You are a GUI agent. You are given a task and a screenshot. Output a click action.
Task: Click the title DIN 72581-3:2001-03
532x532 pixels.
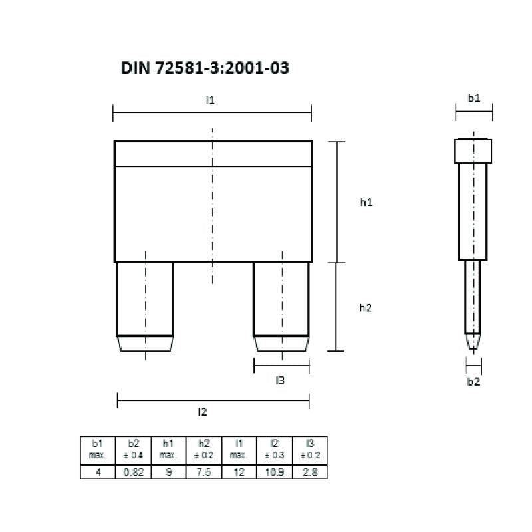tap(205, 68)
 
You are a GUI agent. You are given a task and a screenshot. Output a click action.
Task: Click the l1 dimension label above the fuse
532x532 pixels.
tap(210, 100)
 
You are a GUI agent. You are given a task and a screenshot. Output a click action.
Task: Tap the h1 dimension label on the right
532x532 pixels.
tap(366, 203)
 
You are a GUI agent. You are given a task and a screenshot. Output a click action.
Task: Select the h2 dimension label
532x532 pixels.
tap(366, 307)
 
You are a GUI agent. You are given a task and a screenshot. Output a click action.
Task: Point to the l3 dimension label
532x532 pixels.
tap(280, 380)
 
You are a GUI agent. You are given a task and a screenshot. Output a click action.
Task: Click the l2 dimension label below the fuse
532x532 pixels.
tap(202, 412)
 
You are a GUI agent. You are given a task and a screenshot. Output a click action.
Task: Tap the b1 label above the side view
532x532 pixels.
tap(473, 98)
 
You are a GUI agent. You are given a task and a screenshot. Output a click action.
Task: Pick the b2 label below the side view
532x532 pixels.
tap(473, 381)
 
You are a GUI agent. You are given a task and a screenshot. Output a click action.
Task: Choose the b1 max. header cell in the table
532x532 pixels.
tap(98, 450)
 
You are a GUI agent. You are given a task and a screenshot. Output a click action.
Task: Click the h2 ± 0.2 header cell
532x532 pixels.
tap(203, 450)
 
